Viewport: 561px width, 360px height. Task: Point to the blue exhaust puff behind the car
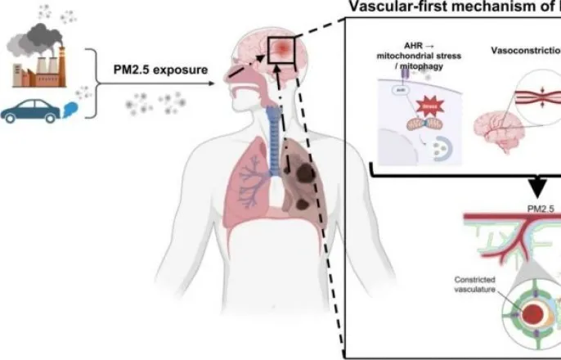coord(68,108)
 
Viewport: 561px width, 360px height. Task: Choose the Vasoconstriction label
coord(524,50)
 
